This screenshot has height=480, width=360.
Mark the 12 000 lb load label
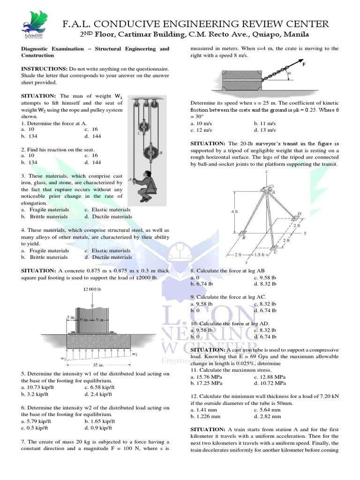coord(92,289)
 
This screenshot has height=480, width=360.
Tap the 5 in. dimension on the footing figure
coord(70,317)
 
